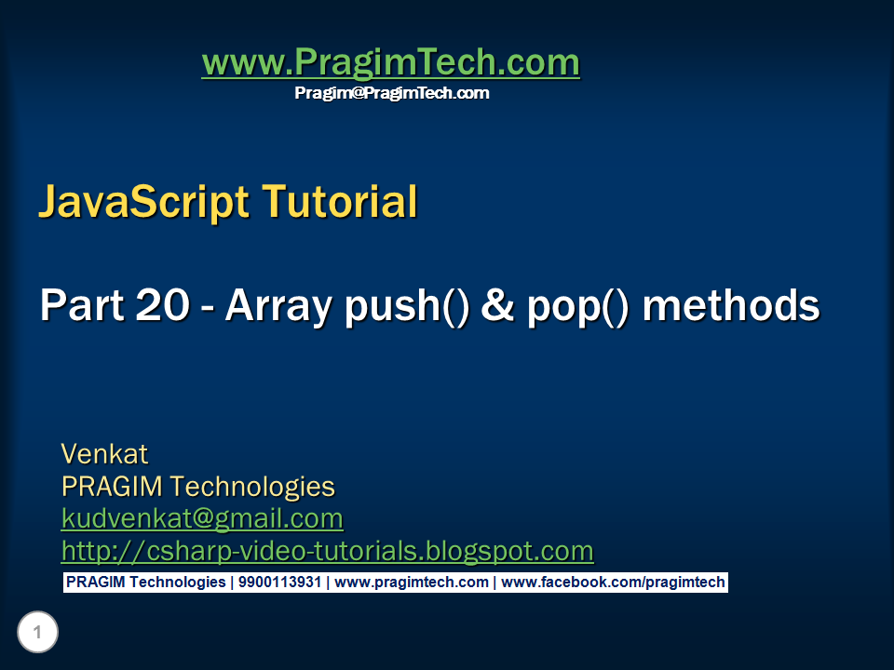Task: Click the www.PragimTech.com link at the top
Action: (x=390, y=63)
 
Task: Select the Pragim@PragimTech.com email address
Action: (x=391, y=93)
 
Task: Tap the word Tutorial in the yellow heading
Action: (x=339, y=202)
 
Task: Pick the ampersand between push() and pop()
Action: (x=496, y=306)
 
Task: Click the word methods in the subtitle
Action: (x=731, y=305)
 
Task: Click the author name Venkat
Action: (x=104, y=454)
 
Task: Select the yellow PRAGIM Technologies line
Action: (x=197, y=487)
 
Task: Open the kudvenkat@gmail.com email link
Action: (x=202, y=518)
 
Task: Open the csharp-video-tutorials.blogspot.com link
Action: (x=327, y=551)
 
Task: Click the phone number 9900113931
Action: (x=279, y=583)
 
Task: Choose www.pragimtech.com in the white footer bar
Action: (x=411, y=583)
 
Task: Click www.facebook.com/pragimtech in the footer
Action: (x=613, y=583)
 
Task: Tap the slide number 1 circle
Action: (x=37, y=634)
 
